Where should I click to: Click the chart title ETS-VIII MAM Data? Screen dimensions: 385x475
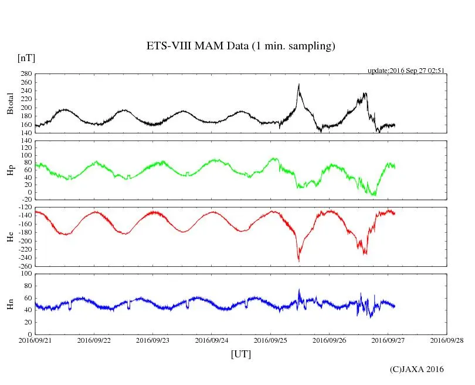tap(240, 46)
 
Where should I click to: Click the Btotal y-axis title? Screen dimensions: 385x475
tap(10, 104)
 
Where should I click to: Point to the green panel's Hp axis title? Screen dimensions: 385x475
tap(10, 170)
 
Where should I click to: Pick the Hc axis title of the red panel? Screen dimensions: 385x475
tap(10, 237)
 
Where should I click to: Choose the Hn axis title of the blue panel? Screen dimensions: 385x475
tap(10, 304)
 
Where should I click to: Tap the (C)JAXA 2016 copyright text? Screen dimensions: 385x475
tap(417, 369)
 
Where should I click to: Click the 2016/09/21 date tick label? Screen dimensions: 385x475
tap(35, 340)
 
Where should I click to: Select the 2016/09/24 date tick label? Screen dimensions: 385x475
tap(212, 340)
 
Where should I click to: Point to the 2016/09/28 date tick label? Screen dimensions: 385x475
tap(447, 340)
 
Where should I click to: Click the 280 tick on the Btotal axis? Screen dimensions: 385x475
tap(25, 74)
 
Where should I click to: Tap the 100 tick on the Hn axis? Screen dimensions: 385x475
tap(25, 274)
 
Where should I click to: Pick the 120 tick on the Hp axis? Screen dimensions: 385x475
tap(25, 141)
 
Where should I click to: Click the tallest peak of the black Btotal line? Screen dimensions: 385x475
tap(299, 84)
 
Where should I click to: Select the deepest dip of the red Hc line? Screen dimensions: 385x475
tap(299, 260)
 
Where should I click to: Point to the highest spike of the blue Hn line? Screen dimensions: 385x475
tap(299, 289)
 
